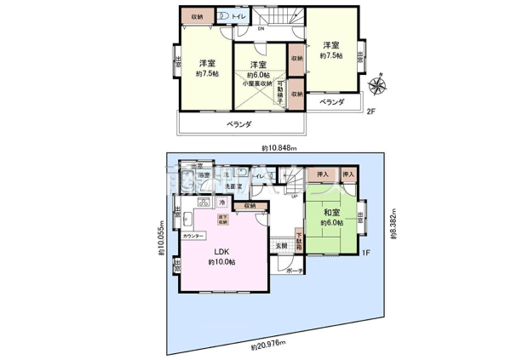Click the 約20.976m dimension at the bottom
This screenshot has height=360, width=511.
[267, 347]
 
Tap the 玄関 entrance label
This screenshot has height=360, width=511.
[281, 245]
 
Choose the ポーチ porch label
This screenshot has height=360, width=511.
[295, 271]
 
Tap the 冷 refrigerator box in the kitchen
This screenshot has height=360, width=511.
[221, 203]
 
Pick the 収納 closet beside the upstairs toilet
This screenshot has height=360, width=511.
[197, 16]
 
